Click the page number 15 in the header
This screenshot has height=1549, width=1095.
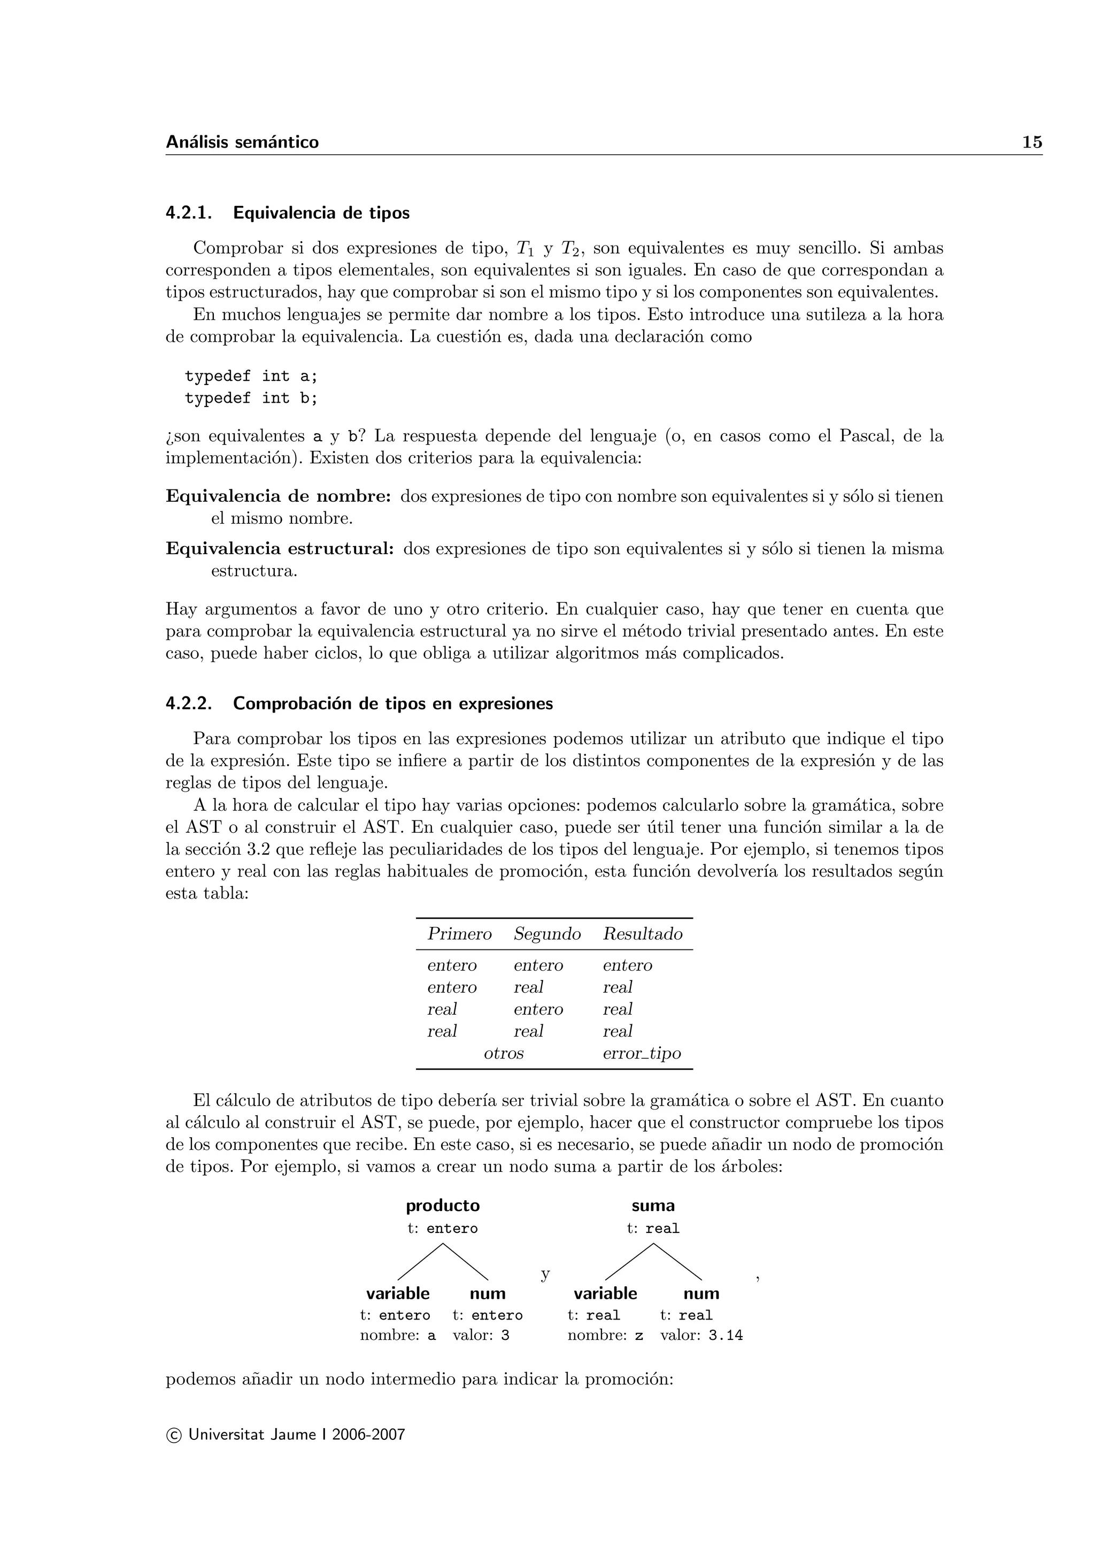(1031, 142)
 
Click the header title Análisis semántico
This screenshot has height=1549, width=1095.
(242, 142)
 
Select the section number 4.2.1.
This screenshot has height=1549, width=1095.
(189, 213)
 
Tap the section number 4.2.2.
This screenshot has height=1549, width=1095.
(189, 704)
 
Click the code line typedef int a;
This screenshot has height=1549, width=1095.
(251, 377)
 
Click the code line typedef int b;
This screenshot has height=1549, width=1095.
(251, 398)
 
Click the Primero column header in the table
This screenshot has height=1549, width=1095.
(459, 934)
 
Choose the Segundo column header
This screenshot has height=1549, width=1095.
(547, 934)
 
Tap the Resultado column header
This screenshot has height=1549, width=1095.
(643, 934)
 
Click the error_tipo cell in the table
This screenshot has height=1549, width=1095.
(641, 1053)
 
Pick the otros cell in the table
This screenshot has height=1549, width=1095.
(504, 1053)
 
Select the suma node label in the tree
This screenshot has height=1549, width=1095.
(653, 1206)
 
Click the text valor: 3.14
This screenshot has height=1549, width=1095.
(701, 1335)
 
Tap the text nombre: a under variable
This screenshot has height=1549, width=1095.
(398, 1335)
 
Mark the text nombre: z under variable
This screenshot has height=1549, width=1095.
(605, 1335)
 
